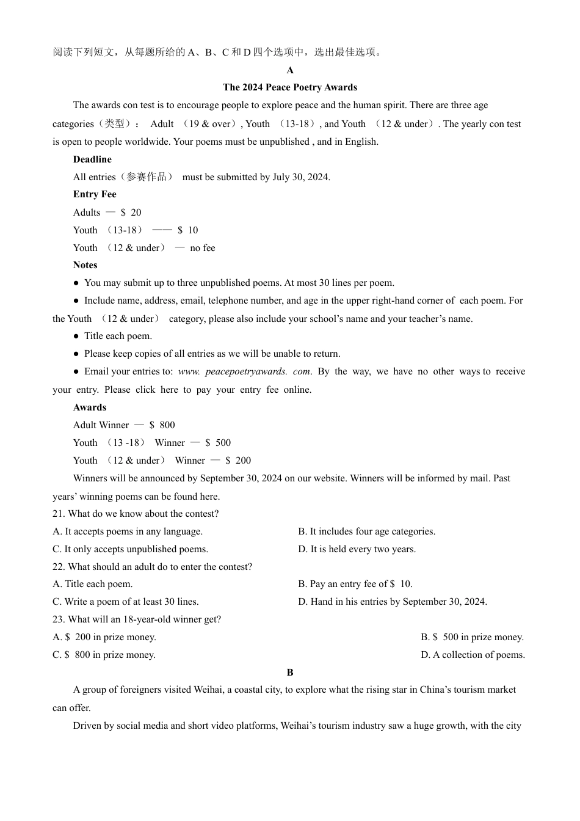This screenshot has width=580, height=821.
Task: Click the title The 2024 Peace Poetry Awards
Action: coord(290,87)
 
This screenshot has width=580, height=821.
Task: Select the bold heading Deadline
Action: coord(92,159)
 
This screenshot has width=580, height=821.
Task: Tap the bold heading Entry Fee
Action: coord(95,194)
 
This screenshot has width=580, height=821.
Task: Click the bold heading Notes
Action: coord(85,265)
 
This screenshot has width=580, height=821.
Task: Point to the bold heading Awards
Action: coord(90,407)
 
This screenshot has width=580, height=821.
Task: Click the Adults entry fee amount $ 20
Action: coord(131,213)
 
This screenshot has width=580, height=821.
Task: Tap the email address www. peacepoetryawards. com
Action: coord(244,371)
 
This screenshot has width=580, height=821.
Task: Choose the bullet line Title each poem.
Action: coord(118,336)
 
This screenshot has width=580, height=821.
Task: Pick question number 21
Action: coord(59,514)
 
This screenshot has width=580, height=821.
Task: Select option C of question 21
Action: coord(130,549)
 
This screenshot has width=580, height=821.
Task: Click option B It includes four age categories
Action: coord(366,531)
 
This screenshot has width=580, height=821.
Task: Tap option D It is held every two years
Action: coord(357,549)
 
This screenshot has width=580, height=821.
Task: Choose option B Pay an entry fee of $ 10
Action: coord(355,584)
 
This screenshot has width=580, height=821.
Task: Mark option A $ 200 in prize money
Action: coord(104,637)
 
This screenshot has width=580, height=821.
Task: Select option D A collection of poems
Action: coord(473,655)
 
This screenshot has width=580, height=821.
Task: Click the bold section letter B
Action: coord(290,673)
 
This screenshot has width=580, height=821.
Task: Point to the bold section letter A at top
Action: coord(290,70)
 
